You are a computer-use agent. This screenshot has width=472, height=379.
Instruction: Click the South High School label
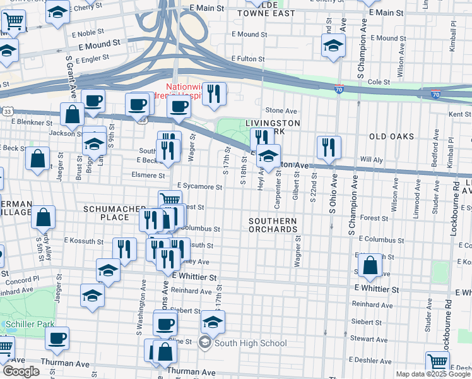[251, 344]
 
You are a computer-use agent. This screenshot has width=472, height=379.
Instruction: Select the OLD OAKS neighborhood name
[391, 136]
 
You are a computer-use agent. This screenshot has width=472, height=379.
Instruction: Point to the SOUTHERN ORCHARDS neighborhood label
[272, 225]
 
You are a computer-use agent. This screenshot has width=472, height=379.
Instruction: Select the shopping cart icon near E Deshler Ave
[437, 362]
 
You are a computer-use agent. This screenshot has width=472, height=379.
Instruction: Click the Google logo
[21, 371]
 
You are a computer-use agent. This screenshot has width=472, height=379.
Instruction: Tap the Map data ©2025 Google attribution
[432, 374]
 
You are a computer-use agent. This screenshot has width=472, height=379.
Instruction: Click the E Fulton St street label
[247, 59]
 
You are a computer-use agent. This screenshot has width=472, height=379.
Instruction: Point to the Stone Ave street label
[281, 111]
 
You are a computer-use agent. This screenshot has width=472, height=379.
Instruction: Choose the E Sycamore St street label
[199, 187]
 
